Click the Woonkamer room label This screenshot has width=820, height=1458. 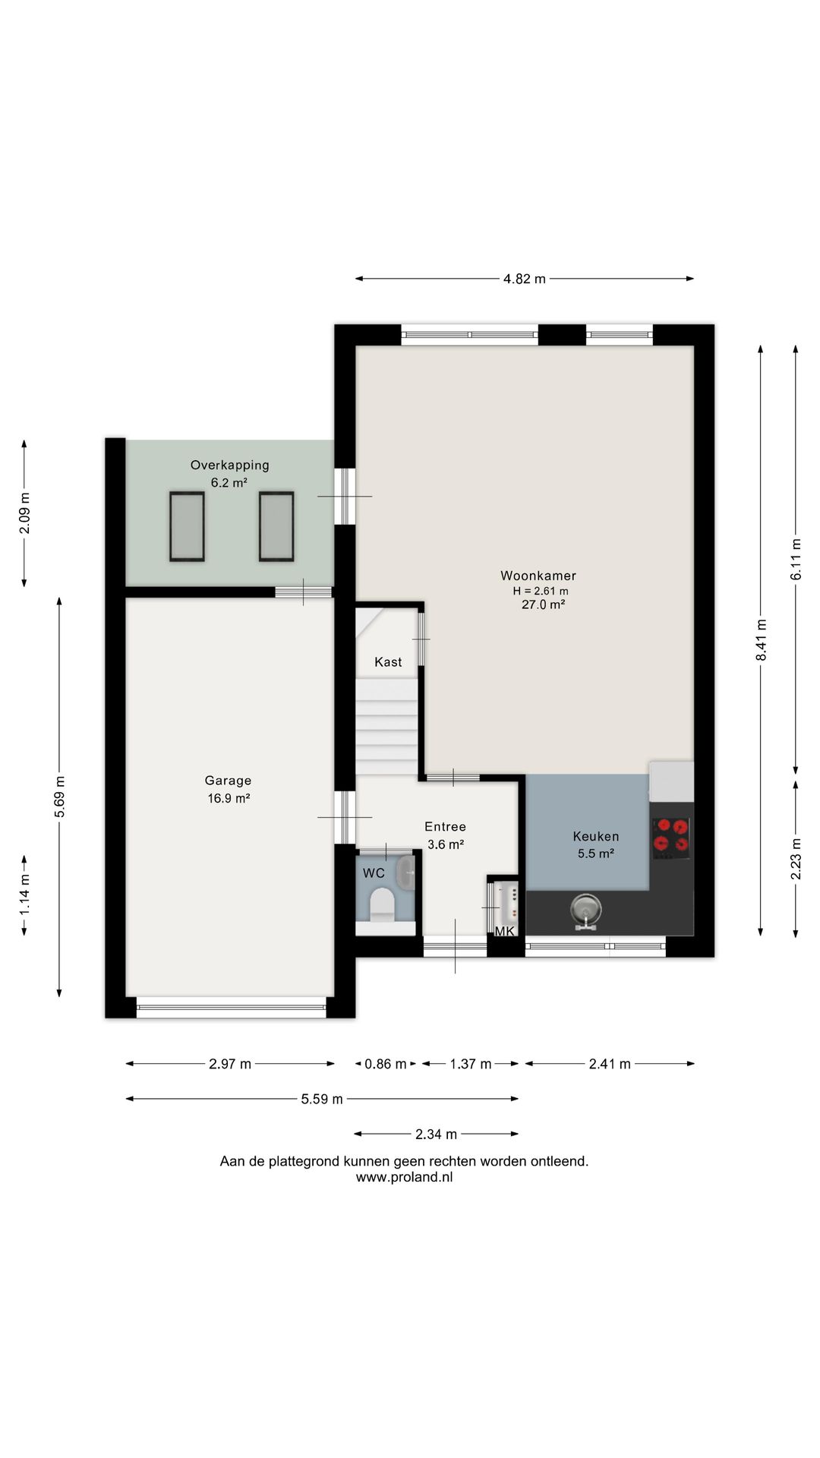pos(538,576)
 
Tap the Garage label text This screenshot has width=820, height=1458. pos(228,781)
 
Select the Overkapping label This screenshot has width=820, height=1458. pos(229,465)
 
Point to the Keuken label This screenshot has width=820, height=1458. pos(595,836)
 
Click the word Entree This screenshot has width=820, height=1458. pos(445,827)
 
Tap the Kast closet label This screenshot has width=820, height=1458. pos(388,662)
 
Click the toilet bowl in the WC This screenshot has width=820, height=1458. pos(381,904)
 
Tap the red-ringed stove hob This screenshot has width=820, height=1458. pos(671,838)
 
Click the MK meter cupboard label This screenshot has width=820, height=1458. pos(505,931)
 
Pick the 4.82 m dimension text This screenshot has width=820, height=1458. pos(525,279)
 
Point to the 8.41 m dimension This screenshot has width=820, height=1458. pos(761,640)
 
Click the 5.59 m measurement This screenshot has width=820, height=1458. pos(322,1099)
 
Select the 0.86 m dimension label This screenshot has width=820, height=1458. pos(386,1064)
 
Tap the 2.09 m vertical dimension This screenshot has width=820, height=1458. pos(24,513)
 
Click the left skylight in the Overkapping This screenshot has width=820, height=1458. pos(187,527)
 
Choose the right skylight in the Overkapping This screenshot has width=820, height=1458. pos(276,527)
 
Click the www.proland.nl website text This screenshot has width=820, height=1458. pos(404,1178)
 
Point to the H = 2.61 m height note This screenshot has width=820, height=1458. pos(541,591)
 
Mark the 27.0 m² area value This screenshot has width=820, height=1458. pos(543,604)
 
